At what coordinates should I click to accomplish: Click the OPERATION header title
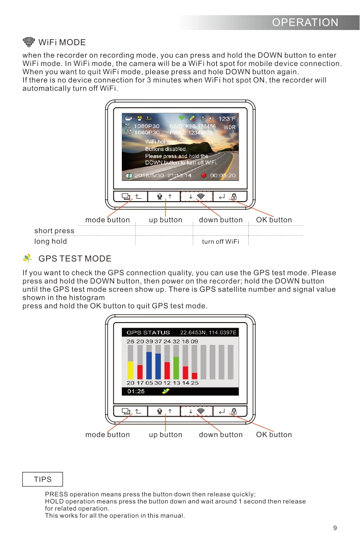[305, 22]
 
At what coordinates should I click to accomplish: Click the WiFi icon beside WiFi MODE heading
[29, 42]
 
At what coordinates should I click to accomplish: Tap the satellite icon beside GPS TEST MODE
[28, 259]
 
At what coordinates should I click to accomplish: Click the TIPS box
[43, 479]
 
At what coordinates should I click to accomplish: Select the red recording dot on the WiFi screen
[203, 175]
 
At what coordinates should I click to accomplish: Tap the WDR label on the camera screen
[230, 127]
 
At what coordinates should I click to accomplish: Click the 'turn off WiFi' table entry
[220, 241]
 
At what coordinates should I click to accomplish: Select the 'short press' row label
[54, 231]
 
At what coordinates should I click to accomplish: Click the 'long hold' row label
[51, 241]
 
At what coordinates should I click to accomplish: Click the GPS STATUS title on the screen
[148, 332]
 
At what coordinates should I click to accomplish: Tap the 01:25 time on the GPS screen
[136, 391]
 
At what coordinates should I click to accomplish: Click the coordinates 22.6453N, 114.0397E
[208, 332]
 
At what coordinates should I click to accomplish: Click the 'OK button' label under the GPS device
[274, 434]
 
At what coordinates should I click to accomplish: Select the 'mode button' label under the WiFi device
[107, 220]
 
